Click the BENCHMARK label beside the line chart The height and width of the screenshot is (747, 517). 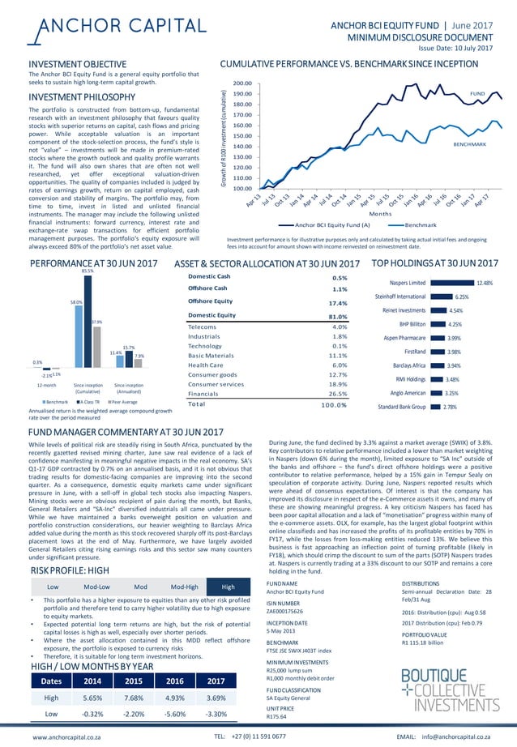(468, 143)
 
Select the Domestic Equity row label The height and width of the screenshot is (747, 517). (211, 315)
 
